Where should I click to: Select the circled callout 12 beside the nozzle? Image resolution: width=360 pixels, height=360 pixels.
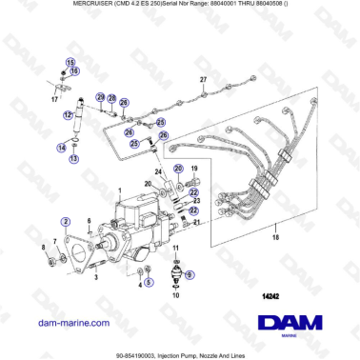point(67,114)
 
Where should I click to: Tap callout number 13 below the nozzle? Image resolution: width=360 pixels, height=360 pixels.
point(72,159)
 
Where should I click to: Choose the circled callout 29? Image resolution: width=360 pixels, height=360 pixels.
point(99,98)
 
